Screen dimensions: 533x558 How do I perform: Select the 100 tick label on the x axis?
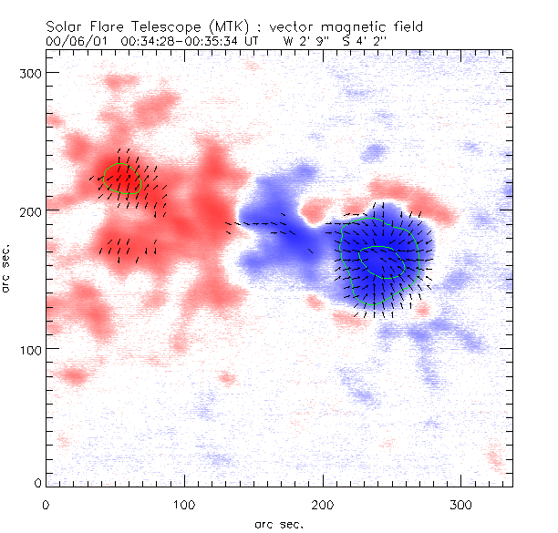coord(184,504)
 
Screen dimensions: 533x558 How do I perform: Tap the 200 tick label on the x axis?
coord(323,504)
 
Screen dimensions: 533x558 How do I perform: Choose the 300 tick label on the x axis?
coord(461,504)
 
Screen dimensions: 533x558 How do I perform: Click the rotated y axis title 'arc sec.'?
coord(8,268)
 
